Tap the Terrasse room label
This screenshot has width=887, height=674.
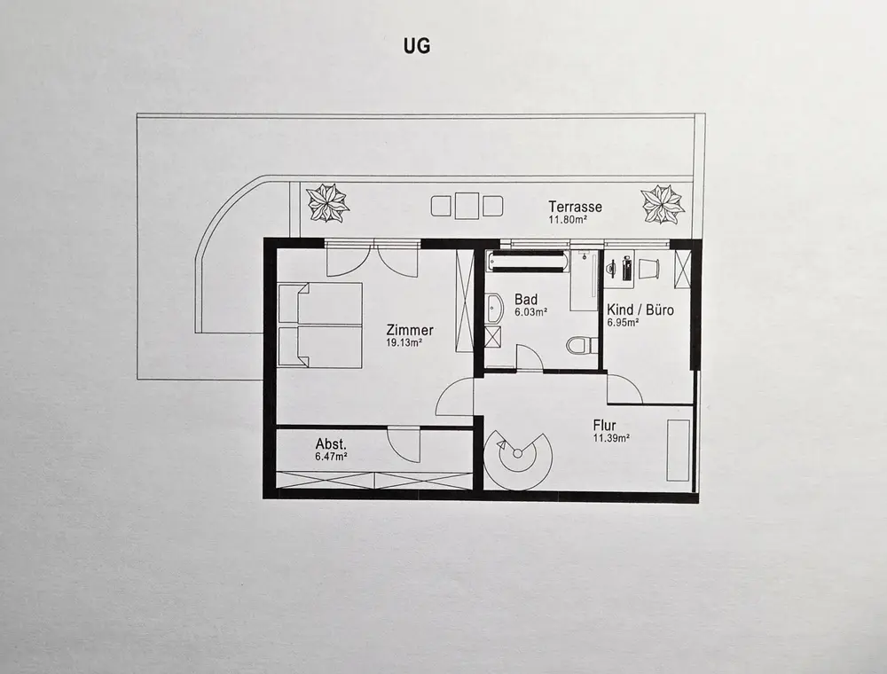(575, 207)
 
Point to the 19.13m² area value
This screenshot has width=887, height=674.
(404, 341)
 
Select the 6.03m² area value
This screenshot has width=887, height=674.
(530, 312)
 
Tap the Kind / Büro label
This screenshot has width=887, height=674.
(640, 310)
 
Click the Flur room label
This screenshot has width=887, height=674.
(607, 425)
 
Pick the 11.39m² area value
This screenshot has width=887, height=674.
(611, 438)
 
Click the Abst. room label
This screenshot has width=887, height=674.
(331, 443)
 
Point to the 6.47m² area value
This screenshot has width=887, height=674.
(331, 456)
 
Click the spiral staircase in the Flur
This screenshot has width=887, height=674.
(518, 458)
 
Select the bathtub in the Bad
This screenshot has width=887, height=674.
(528, 261)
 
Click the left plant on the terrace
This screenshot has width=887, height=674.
(327, 203)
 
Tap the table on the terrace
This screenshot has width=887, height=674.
(467, 206)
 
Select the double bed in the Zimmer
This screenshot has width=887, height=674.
(320, 325)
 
